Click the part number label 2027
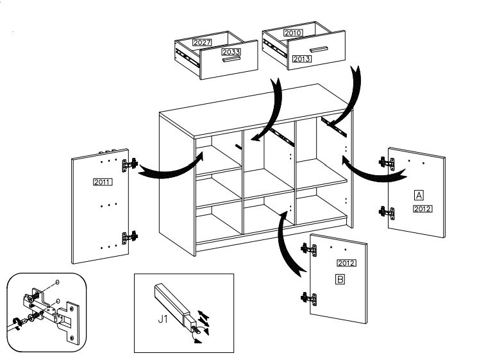[x=185, y=42]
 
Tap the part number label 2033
[x=230, y=51]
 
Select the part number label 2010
[x=292, y=33]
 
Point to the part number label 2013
[x=301, y=58]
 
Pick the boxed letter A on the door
[x=419, y=194]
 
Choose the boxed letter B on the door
[x=340, y=279]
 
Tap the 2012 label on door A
[x=423, y=209]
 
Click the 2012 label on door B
[x=346, y=263]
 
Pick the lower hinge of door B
[x=308, y=297]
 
